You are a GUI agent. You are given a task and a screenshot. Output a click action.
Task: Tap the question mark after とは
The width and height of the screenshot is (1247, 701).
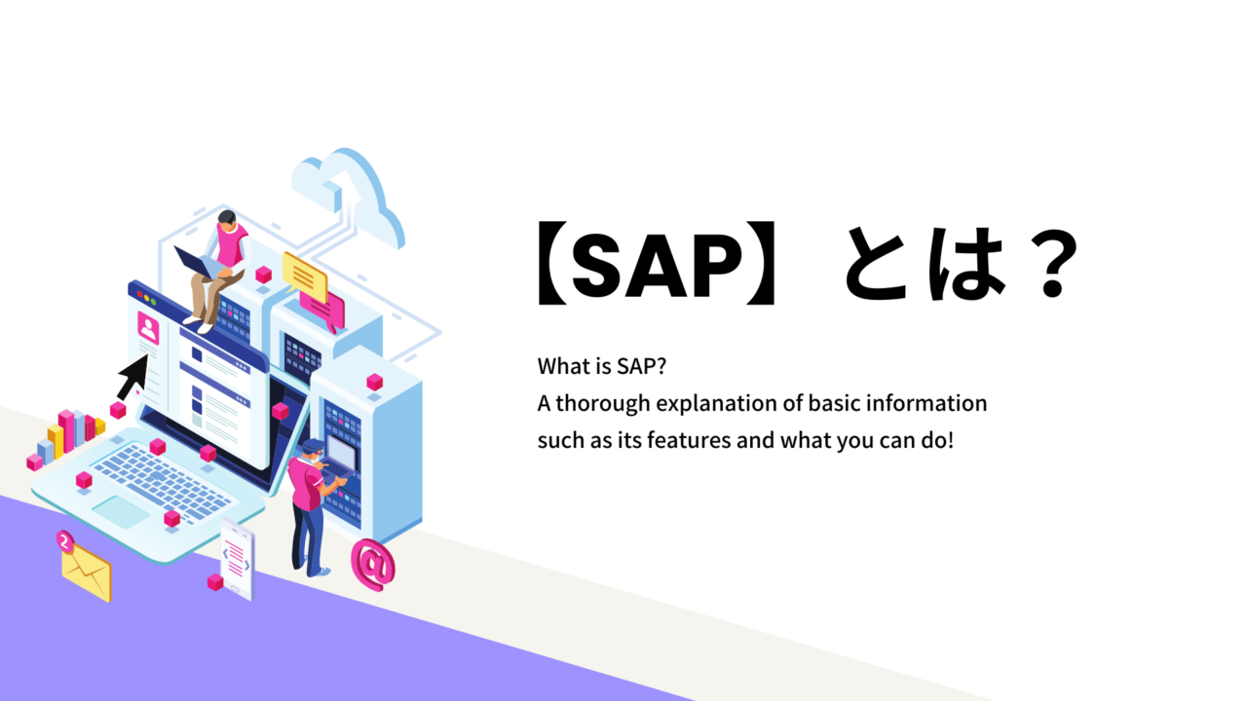pos(1053,264)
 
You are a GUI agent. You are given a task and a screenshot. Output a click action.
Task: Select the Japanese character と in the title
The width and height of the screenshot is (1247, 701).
pos(878,264)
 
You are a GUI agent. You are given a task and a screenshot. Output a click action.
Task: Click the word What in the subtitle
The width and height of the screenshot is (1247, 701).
pos(562,366)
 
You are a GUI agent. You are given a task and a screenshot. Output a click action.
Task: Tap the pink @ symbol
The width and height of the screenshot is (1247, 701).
pos(372,564)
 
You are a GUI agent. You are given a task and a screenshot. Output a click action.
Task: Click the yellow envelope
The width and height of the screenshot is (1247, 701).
pos(87,572)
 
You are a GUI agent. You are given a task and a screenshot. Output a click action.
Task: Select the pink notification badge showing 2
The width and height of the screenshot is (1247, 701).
pos(65,540)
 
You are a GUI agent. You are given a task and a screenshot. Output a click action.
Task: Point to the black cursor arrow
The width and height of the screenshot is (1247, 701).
pos(133,376)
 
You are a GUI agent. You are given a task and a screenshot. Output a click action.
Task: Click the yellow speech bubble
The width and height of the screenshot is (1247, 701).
pos(304,277)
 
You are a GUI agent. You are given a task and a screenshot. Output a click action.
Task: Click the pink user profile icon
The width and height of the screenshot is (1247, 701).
pos(148,328)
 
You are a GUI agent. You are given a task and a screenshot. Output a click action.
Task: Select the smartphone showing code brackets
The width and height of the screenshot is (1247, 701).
pos(237,559)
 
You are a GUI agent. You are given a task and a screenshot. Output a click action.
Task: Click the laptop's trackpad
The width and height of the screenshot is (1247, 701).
pos(121,511)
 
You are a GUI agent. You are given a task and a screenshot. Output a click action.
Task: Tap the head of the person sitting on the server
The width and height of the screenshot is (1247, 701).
pos(227,219)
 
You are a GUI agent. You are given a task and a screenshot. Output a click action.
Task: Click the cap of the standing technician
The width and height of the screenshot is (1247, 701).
pos(313,445)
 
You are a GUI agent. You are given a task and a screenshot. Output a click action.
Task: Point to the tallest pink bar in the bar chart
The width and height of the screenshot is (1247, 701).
pos(66,431)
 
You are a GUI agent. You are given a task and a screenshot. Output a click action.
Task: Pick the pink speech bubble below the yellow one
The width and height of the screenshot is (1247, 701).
pos(322,309)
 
